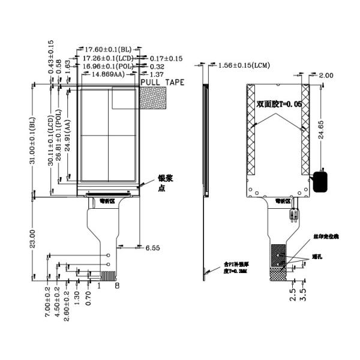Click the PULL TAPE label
(162, 82)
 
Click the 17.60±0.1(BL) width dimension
(107, 49)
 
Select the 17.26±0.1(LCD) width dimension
(109, 58)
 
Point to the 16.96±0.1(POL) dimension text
(109, 66)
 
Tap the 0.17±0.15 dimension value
(166, 58)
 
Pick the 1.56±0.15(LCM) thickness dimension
(244, 64)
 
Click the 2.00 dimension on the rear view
(326, 75)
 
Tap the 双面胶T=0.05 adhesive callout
(278, 104)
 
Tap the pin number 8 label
(117, 286)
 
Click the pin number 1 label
(99, 286)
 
